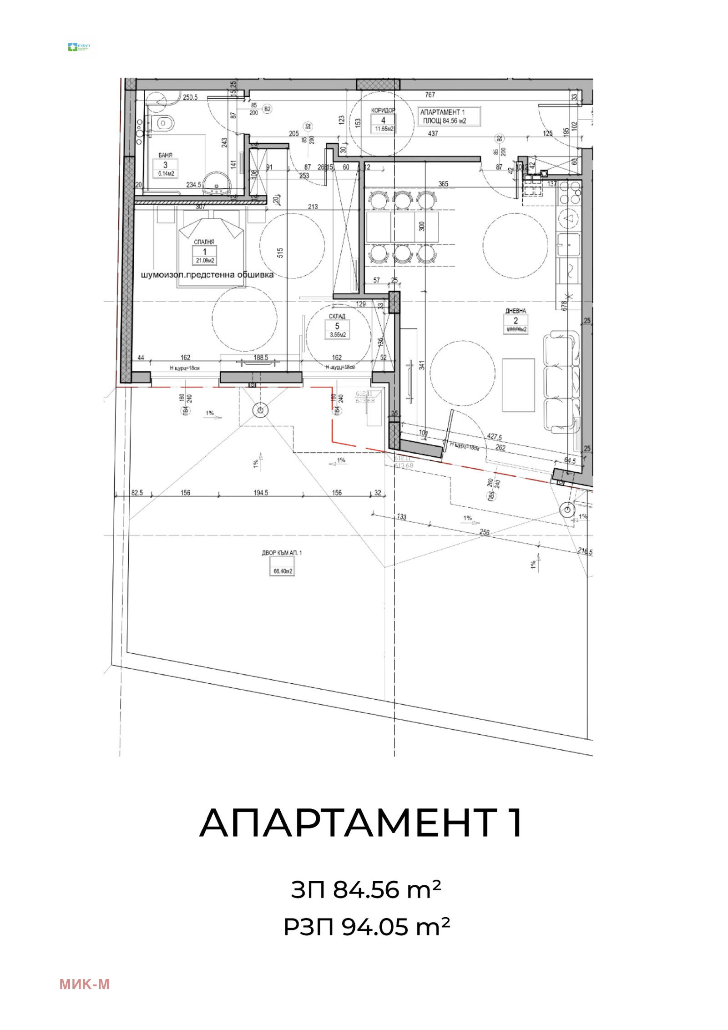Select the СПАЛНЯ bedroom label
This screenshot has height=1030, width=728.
[x=204, y=242]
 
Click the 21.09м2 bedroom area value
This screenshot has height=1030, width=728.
[x=205, y=261]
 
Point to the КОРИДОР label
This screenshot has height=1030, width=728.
[x=383, y=111]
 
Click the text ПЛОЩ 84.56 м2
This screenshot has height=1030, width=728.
[x=445, y=121]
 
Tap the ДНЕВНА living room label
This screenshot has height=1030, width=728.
[x=516, y=311]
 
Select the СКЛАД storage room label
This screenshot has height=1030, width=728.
[x=337, y=316]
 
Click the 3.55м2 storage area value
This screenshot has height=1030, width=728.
[x=338, y=335]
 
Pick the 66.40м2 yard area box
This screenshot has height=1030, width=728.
[x=283, y=571]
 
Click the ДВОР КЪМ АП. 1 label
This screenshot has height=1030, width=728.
[x=282, y=553]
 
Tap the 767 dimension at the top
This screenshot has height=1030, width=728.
[x=430, y=95]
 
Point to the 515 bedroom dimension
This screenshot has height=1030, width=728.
[x=280, y=253]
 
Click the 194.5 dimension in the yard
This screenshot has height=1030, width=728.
[x=261, y=493]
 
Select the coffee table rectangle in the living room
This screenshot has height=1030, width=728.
[x=518, y=385]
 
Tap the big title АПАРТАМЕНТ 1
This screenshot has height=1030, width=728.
[x=361, y=823]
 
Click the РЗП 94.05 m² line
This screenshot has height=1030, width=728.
[x=367, y=927]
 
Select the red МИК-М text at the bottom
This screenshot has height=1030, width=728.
[x=84, y=985]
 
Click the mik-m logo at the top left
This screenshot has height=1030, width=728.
[x=79, y=47]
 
